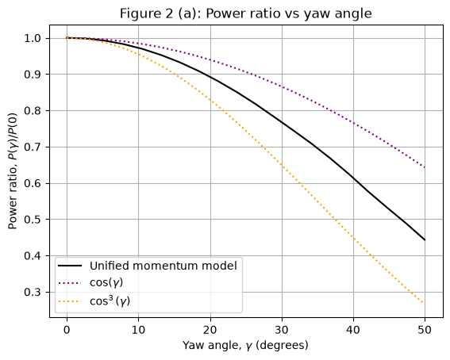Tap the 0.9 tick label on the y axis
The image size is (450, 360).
[33, 75]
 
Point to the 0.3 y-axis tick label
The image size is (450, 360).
[33, 293]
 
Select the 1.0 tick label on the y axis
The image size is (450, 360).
[33, 38]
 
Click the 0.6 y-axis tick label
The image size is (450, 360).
[33, 183]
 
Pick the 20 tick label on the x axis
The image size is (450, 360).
[210, 330]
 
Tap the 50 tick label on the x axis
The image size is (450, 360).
[425, 330]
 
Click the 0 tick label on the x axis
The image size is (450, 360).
[67, 330]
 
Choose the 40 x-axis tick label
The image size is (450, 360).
[353, 330]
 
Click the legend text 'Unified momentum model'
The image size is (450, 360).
[163, 266]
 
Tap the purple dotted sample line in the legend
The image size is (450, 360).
[70, 283]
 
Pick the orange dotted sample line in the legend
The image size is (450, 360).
[70, 301]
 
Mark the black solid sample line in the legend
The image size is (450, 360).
[70, 266]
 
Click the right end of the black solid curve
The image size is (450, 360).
[425, 240]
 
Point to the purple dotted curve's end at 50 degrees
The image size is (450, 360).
[425, 167]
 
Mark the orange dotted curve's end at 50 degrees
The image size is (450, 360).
[423, 303]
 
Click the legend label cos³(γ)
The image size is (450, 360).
[110, 301]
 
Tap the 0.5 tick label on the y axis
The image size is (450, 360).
[33, 220]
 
